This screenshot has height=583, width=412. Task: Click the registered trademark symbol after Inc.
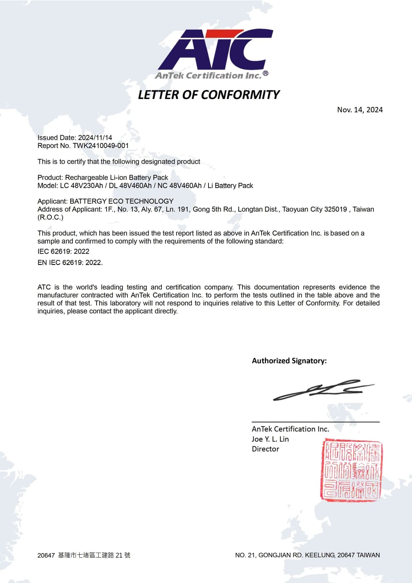point(265,73)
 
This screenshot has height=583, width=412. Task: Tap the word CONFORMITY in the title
point(240,95)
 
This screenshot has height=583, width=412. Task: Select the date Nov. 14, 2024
point(360,110)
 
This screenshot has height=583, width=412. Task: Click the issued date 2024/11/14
point(95,138)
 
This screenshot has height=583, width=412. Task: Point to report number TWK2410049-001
point(101,146)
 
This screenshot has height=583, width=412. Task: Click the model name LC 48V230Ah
point(81,186)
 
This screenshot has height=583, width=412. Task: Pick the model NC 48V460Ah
point(179,186)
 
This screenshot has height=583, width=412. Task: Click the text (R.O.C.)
point(50,217)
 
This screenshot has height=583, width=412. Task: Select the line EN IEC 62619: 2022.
point(70,262)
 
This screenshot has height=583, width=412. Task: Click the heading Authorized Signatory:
point(289,361)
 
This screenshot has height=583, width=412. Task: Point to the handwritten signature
point(322,390)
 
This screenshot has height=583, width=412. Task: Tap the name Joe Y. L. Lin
point(270,439)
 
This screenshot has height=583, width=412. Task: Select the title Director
point(266,449)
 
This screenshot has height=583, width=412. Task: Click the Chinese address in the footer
point(94,555)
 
